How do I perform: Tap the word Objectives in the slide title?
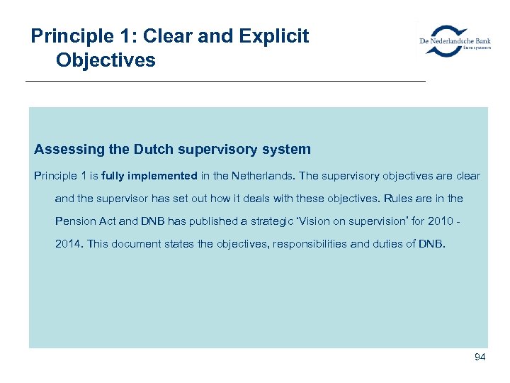(x=105, y=60)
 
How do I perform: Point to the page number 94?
(x=480, y=357)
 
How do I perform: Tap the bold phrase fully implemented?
(x=149, y=176)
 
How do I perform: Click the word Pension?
(x=74, y=221)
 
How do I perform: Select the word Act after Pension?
(x=108, y=221)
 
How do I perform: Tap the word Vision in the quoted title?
(x=319, y=221)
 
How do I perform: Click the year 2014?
(x=69, y=244)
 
